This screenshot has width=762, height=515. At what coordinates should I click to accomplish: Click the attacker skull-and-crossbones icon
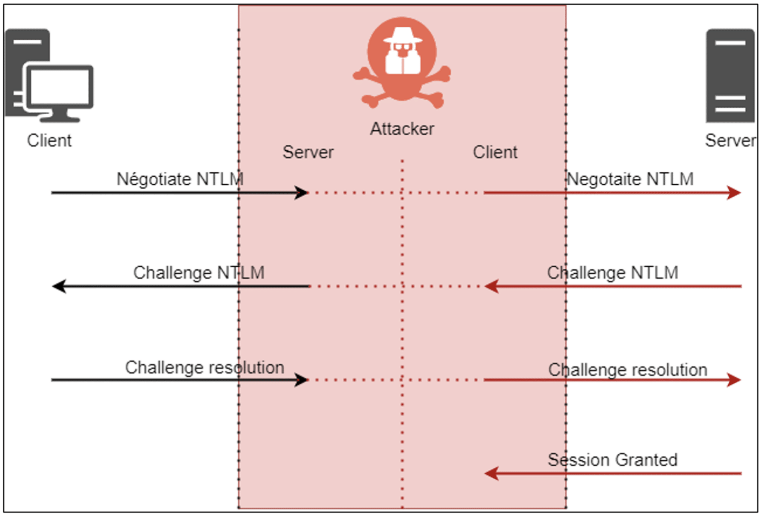tap(402, 63)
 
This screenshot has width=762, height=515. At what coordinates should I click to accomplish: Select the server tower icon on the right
tap(730, 75)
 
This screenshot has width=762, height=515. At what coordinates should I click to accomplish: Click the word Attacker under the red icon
tap(402, 129)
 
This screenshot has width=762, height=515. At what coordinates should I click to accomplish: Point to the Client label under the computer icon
tap(49, 141)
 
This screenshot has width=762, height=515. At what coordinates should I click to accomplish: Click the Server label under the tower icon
tap(730, 141)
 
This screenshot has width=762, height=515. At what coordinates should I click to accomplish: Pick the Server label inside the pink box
tap(308, 152)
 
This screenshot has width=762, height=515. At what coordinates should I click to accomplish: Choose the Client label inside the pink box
tap(495, 152)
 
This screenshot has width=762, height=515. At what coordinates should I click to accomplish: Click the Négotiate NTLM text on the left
tap(180, 179)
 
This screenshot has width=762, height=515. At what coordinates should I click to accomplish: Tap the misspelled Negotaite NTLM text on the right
tap(630, 179)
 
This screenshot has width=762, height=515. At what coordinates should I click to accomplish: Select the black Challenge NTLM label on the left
tap(198, 273)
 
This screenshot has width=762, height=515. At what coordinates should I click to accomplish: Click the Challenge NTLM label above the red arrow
tap(612, 273)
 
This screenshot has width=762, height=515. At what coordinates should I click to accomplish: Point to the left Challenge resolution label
tap(204, 368)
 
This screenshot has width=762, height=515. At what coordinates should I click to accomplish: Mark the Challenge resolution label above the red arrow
tap(628, 370)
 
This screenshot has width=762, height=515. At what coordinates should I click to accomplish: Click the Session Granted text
tap(612, 460)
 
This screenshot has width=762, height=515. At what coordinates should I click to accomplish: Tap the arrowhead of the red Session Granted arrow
tap(491, 473)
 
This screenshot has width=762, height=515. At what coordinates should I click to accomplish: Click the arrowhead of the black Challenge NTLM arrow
tap(59, 286)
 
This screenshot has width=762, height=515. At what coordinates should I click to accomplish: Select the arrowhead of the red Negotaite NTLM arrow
tap(734, 193)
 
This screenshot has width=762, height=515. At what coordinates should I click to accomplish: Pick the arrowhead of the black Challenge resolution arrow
tap(301, 380)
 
